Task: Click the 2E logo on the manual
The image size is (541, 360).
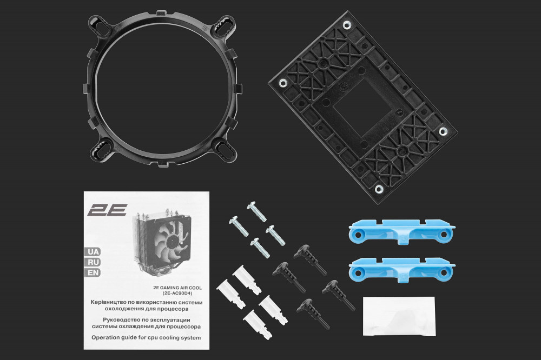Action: point(107,210)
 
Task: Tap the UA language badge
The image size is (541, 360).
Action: point(93,251)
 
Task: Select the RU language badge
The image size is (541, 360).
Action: point(93,262)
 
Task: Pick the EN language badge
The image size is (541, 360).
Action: point(93,273)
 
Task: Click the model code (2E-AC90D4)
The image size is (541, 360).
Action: point(177,294)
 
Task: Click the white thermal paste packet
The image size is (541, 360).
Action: point(399,316)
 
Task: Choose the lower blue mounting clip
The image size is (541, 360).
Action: point(402,270)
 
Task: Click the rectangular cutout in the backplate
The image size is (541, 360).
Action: point(364,110)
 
